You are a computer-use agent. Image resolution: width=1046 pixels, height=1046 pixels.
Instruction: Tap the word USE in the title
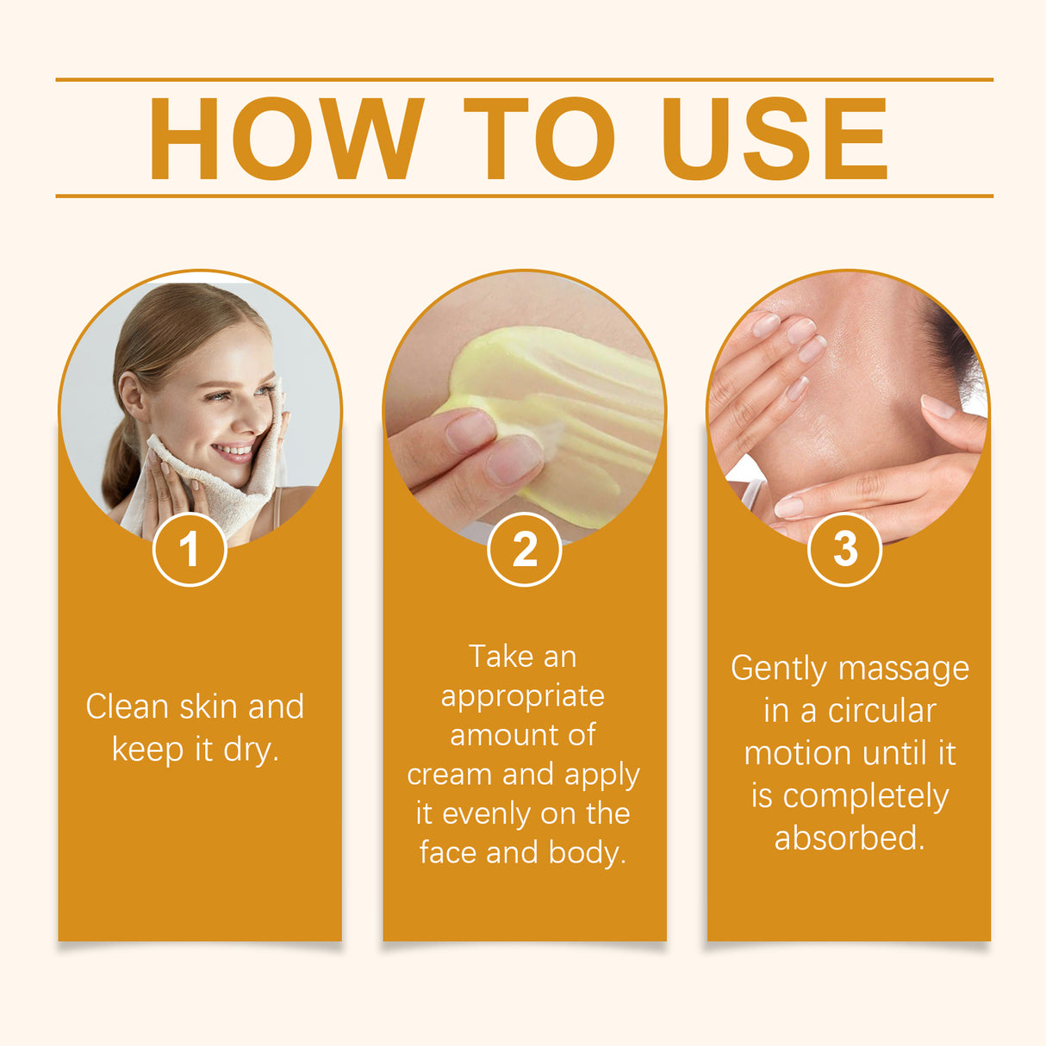pos(774,139)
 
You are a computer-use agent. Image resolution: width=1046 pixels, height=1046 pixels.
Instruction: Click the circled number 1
pos(190,549)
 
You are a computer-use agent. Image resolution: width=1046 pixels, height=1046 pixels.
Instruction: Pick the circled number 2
pos(524,549)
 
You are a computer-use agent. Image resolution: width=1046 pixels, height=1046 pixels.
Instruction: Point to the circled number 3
pos(844,549)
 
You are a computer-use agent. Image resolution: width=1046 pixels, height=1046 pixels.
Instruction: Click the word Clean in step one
pos(127,707)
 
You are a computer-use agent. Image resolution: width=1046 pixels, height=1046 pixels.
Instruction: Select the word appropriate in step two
pos(523,695)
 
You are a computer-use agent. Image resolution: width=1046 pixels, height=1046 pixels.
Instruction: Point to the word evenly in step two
pos(484,813)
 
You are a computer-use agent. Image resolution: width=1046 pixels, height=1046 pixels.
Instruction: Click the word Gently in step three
pos(778,669)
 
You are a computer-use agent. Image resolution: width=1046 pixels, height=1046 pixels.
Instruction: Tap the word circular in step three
pos(881,712)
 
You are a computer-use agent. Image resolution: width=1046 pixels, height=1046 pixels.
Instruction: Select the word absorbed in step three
pos(849,837)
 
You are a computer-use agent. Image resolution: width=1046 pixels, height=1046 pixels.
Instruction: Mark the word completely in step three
pos(865,796)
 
